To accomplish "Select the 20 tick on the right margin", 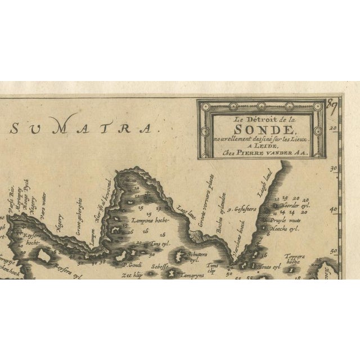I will pyautogui.click(x=335, y=128).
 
